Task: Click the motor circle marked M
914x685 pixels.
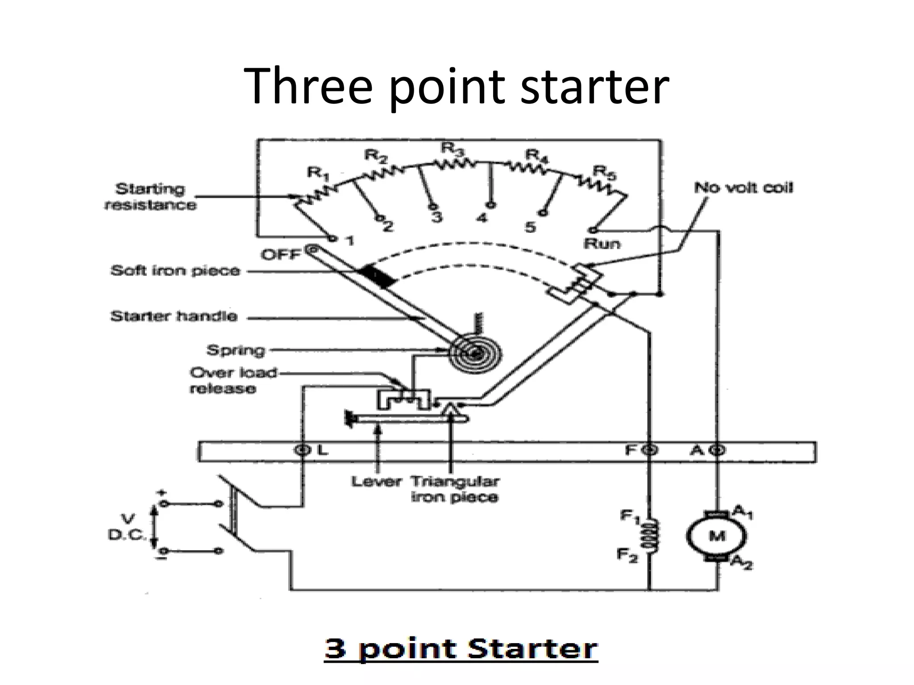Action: tap(717, 536)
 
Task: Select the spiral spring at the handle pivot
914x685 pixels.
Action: tap(475, 354)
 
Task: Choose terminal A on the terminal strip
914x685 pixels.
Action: tap(717, 450)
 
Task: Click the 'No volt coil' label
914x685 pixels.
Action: tap(744, 188)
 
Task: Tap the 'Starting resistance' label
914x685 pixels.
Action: tap(150, 197)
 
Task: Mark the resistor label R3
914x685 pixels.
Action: tap(453, 149)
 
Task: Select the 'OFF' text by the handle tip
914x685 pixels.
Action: tap(281, 255)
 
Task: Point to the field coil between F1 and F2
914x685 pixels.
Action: tap(649, 536)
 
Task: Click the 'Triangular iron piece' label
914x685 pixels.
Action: tap(454, 489)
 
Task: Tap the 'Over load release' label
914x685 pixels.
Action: tap(233, 380)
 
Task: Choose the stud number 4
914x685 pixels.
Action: tap(481, 219)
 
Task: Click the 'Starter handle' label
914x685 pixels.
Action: tap(174, 317)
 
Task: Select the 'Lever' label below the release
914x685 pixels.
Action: tap(376, 482)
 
